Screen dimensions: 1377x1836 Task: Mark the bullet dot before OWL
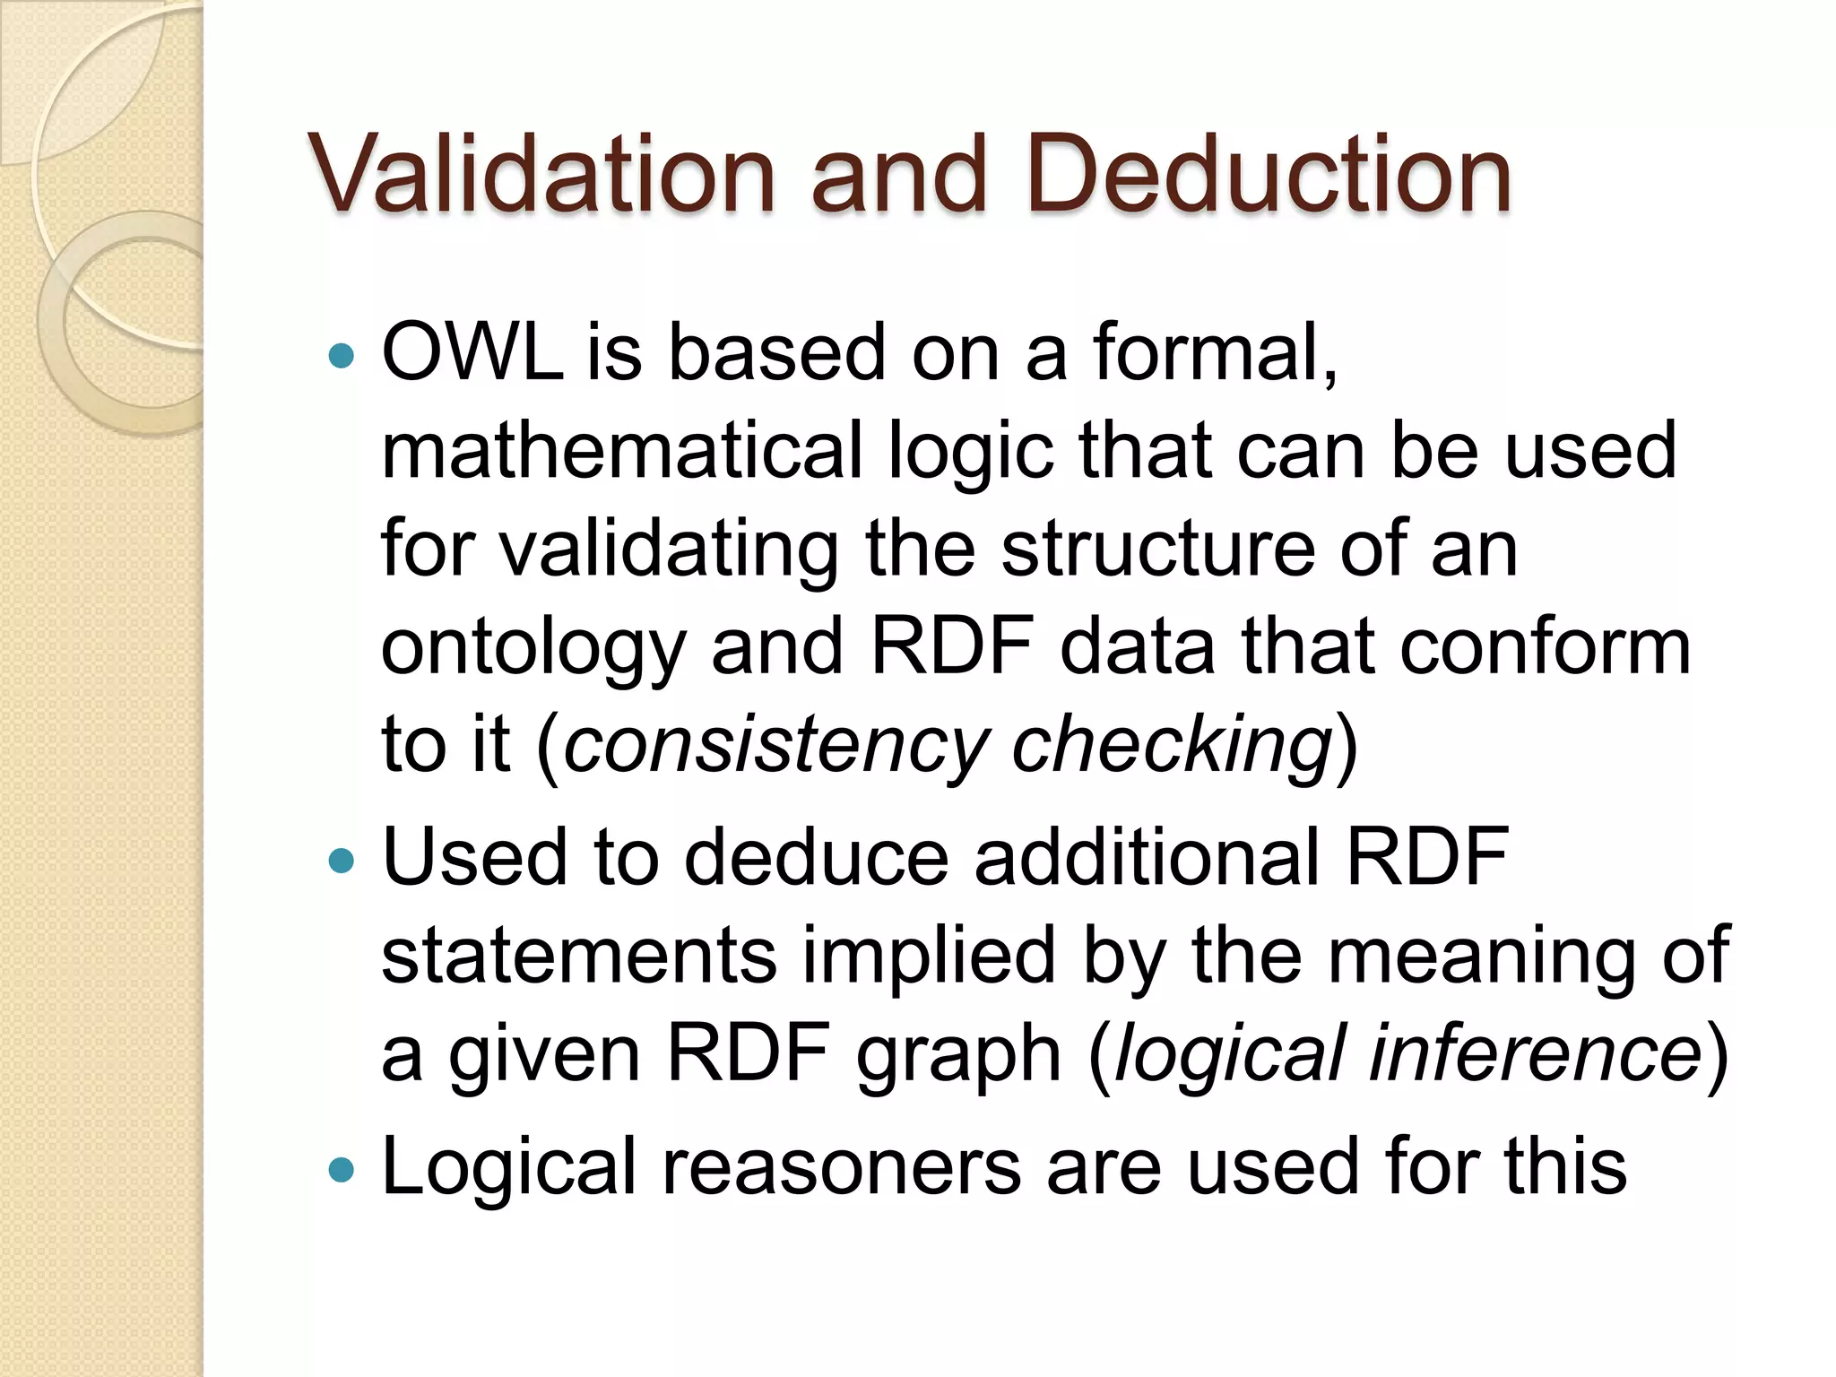tap(342, 357)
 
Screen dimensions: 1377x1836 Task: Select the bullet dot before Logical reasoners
tap(342, 1170)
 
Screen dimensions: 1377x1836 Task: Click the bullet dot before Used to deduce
tap(342, 862)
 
